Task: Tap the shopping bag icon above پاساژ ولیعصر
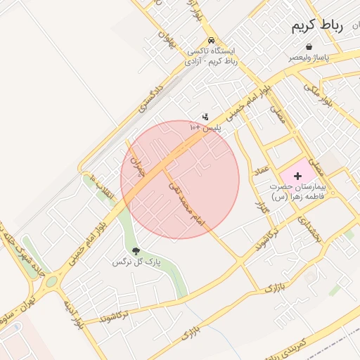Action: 309,46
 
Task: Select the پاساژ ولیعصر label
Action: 310,58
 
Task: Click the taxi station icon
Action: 212,40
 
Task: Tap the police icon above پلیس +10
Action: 205,117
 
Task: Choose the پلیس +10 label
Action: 205,128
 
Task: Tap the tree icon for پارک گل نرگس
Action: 136,251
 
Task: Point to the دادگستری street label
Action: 150,98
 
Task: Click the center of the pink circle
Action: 180,179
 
